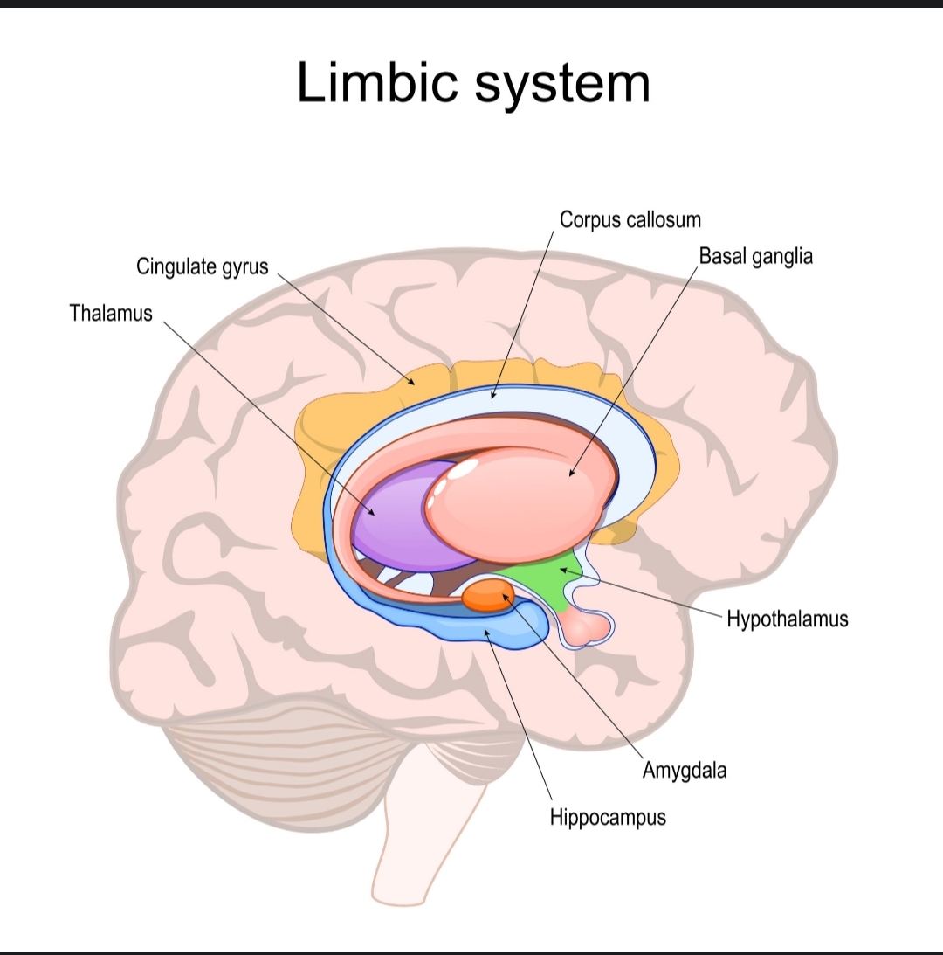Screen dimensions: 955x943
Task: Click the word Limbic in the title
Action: point(377,83)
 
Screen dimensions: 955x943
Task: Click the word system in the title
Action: point(563,85)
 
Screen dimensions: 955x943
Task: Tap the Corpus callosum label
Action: point(630,219)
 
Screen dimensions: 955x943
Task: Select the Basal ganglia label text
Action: point(755,256)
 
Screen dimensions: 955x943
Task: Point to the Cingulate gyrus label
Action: point(203,266)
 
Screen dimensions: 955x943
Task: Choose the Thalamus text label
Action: point(111,313)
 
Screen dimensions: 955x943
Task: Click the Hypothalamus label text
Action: point(787,619)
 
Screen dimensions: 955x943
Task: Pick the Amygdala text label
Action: point(685,770)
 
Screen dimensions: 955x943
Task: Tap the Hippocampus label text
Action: point(608,818)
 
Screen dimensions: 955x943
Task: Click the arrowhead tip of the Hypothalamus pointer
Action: point(562,569)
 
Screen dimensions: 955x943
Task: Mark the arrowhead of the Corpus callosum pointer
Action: point(492,398)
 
